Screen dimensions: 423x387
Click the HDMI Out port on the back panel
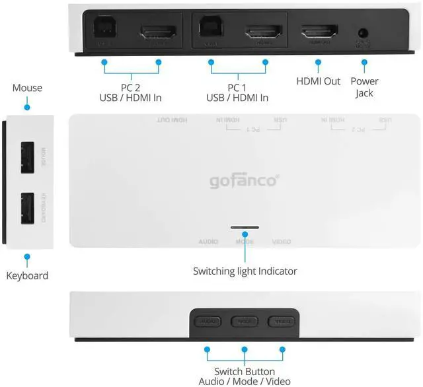(x=319, y=32)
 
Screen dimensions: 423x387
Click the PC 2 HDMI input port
(x=157, y=32)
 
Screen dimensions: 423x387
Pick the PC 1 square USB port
(x=211, y=31)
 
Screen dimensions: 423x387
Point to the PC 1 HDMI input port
(x=264, y=32)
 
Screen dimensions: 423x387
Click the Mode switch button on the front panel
(x=244, y=322)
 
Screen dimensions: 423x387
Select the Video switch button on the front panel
(x=280, y=322)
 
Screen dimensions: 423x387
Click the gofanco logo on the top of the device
(x=244, y=180)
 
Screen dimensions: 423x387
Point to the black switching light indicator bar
(x=245, y=227)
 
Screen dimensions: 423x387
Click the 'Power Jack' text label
(x=364, y=87)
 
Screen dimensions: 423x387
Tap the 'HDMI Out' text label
(x=318, y=81)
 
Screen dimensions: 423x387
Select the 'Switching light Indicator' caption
(x=245, y=271)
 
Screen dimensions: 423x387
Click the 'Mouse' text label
(x=27, y=88)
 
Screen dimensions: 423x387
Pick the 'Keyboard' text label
(x=27, y=275)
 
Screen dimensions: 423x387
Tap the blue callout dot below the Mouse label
(x=27, y=106)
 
